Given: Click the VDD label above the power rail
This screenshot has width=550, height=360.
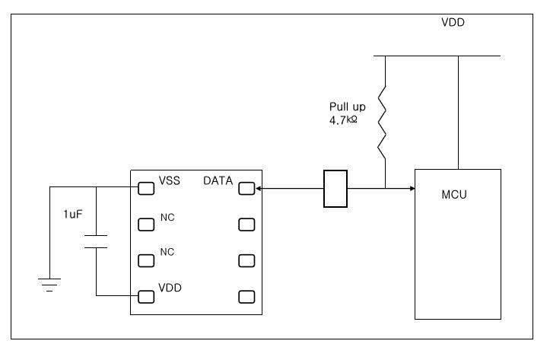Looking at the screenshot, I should [x=453, y=23].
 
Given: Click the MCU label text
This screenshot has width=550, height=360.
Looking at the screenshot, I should [x=453, y=195].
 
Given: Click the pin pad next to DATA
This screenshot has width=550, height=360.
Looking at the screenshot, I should [x=246, y=188].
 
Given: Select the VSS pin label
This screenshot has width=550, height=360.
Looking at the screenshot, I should [x=169, y=181].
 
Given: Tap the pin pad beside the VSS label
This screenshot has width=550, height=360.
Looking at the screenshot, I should [x=145, y=188].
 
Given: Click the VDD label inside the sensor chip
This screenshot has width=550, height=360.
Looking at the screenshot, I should [x=170, y=289].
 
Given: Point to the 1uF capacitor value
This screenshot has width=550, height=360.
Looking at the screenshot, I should [x=73, y=215].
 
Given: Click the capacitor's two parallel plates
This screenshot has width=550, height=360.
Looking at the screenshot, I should [x=96, y=242].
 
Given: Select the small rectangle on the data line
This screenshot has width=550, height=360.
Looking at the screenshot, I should [x=335, y=188].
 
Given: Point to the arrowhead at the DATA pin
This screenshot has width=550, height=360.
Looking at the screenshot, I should [x=259, y=188].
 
